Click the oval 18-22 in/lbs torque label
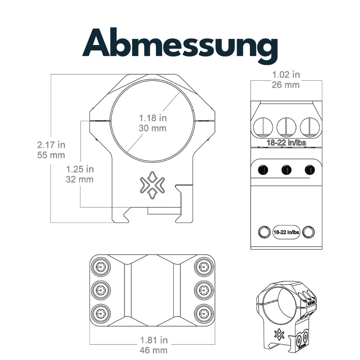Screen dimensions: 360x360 click(x=286, y=232)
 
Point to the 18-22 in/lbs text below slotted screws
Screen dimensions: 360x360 click(x=286, y=143)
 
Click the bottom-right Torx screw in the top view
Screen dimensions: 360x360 click(x=204, y=312)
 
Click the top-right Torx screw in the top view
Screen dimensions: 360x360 click(x=204, y=267)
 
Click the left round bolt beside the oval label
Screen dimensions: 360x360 click(x=264, y=232)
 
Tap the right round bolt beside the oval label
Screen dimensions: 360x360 click(x=308, y=232)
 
